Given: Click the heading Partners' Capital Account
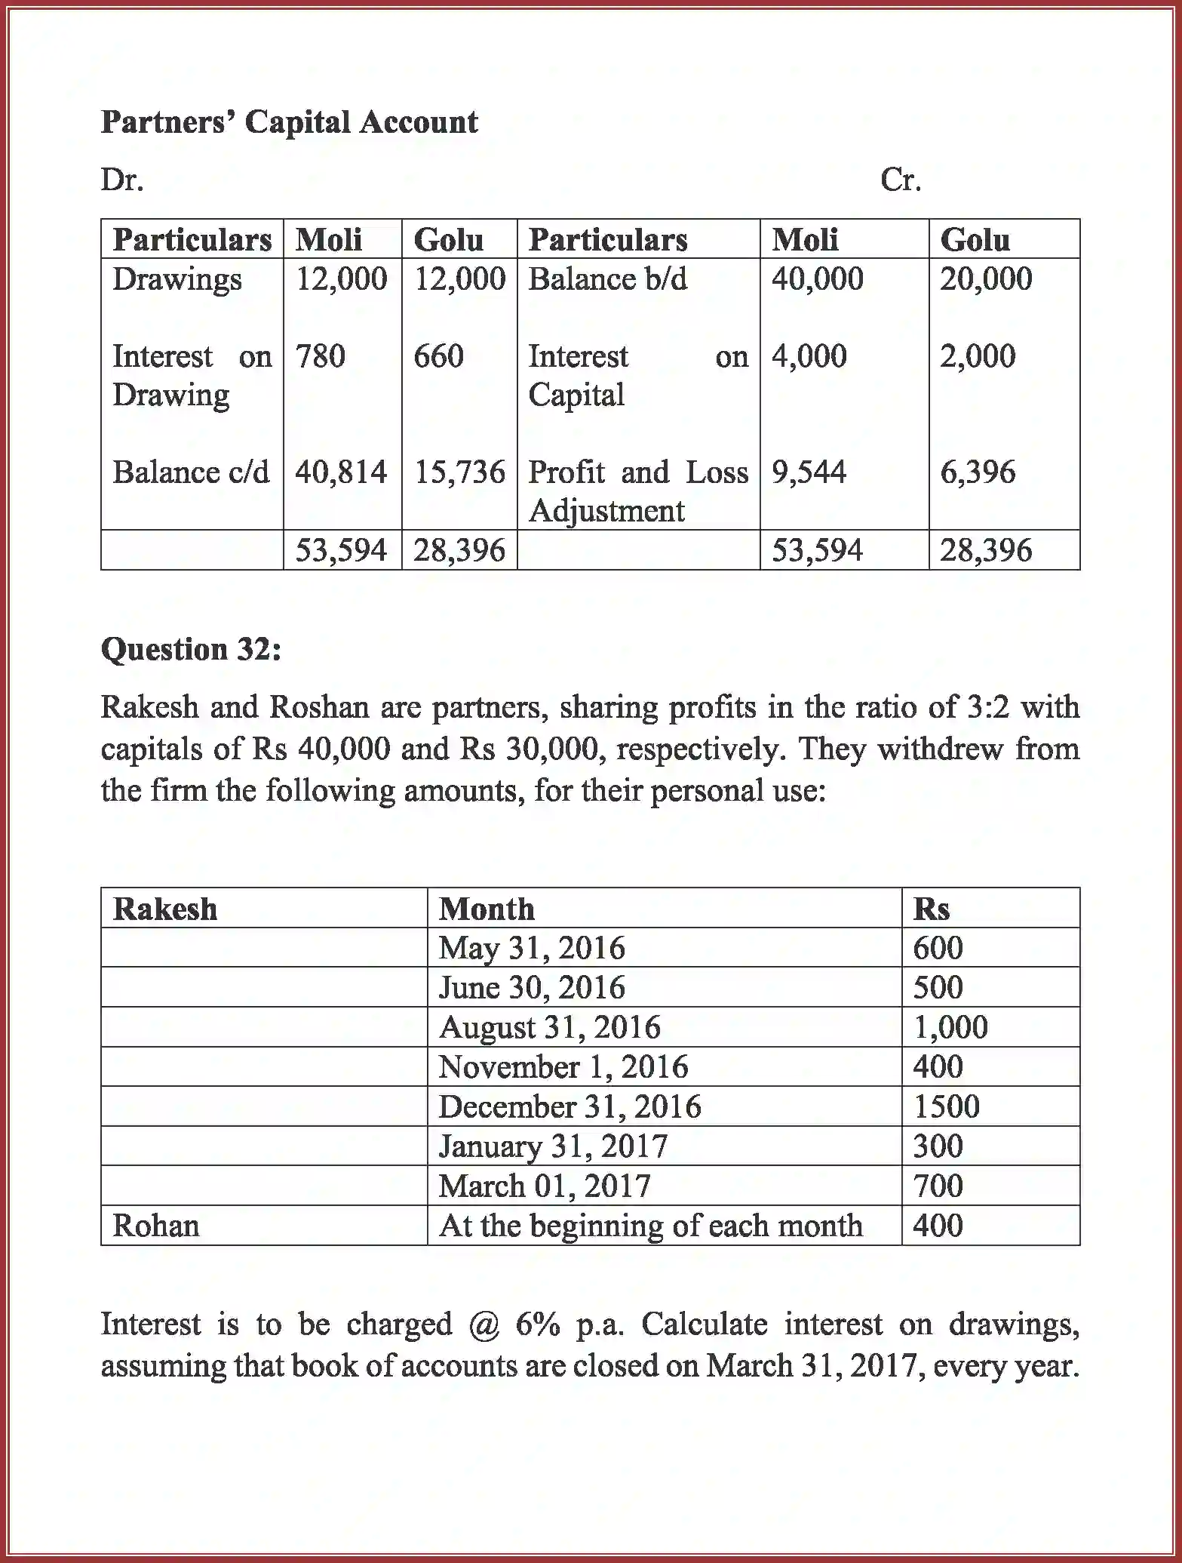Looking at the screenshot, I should [x=289, y=122].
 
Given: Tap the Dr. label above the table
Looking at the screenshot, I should [x=122, y=180].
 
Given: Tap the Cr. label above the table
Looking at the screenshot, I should [x=901, y=180].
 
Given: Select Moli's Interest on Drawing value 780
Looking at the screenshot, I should [x=320, y=356].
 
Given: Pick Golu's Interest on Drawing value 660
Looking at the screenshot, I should [x=438, y=356].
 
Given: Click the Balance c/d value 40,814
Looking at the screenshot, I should [x=341, y=472].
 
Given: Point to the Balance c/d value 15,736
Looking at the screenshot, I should [x=459, y=472].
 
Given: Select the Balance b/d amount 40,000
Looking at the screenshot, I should [x=817, y=279].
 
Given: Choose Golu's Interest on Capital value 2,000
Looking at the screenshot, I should [x=978, y=356].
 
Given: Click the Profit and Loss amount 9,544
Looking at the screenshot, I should [x=809, y=472].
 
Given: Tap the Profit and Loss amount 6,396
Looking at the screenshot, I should [x=978, y=472].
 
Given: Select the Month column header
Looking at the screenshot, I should [x=487, y=909].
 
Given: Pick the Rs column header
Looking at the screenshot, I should [x=931, y=909].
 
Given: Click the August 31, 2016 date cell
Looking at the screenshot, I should [x=549, y=1027].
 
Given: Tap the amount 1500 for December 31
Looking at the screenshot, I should [x=946, y=1106].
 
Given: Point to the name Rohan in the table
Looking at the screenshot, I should [x=156, y=1226].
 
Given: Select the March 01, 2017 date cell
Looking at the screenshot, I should [x=544, y=1186].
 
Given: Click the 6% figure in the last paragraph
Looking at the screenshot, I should [x=538, y=1325].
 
